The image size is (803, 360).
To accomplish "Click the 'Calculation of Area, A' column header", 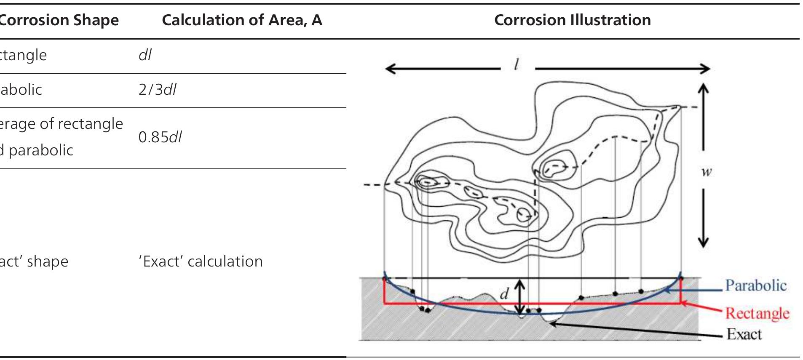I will click(242, 20).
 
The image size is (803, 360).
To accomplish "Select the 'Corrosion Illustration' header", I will click(572, 20).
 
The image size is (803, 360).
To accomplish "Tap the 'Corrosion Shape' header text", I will click(59, 20).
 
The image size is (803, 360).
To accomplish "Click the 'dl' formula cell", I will click(145, 55).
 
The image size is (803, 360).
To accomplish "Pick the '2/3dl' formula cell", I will click(157, 90).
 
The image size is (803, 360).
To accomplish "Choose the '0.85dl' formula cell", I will click(160, 137).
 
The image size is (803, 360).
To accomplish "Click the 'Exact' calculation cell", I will click(201, 261).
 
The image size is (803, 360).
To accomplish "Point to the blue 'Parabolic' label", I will click(755, 285).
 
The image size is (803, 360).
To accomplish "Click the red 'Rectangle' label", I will click(757, 313).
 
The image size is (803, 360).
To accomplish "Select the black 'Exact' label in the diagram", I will click(744, 334).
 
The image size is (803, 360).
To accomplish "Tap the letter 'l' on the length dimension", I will click(516, 64).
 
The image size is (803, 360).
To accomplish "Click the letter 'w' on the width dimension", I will click(706, 171).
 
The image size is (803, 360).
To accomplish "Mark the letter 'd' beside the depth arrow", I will click(504, 293).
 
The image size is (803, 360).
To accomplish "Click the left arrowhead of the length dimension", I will click(388, 68).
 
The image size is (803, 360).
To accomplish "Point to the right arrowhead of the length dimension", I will click(707, 68).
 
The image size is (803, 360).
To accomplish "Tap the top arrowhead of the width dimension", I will click(703, 87).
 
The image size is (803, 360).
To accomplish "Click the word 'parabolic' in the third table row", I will click(41, 150).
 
